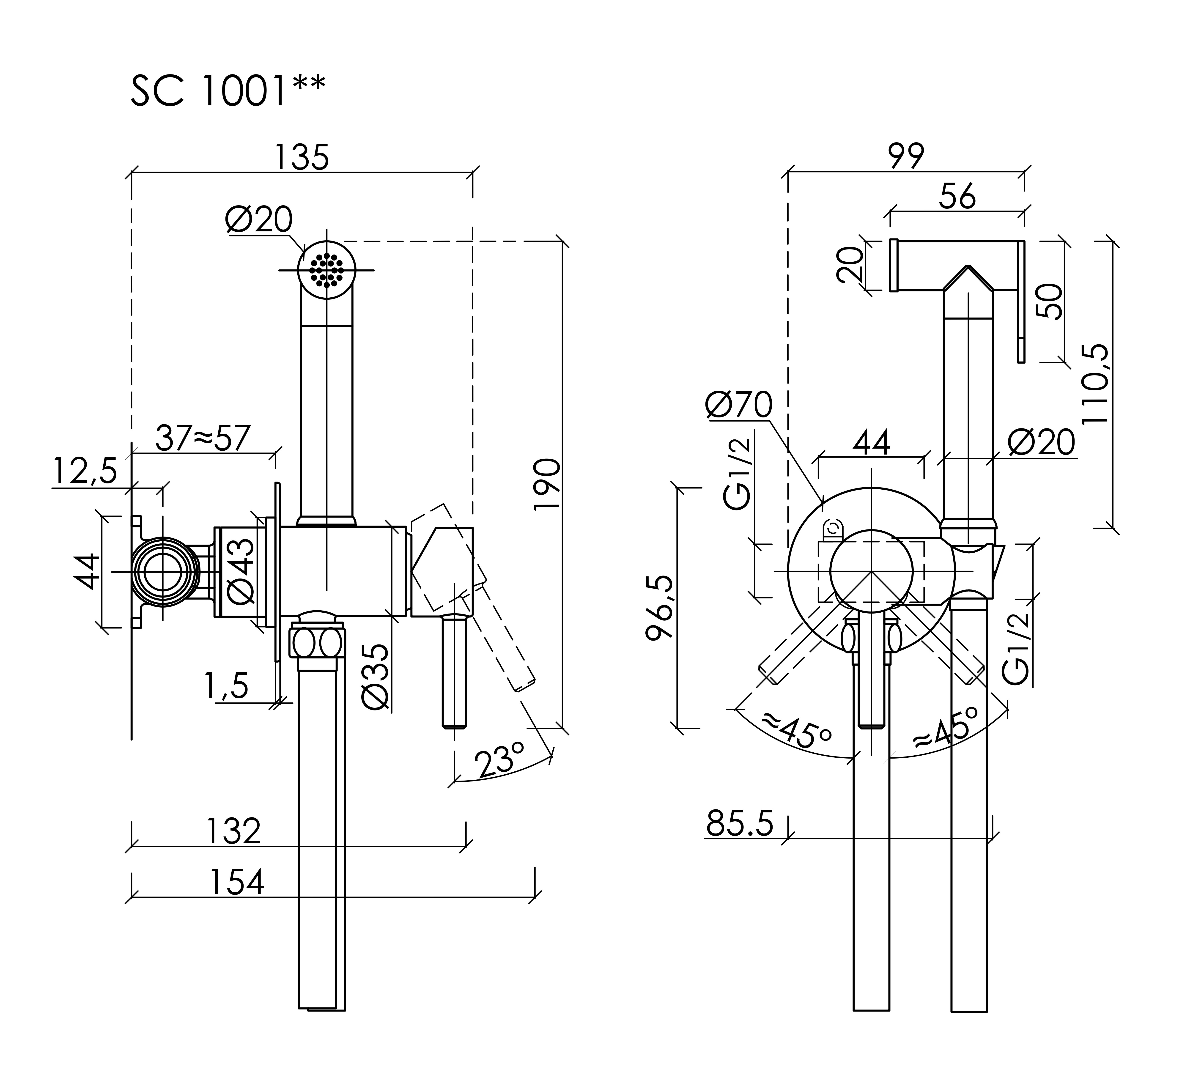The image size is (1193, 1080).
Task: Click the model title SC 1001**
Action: coord(228,90)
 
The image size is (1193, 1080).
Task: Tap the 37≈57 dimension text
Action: coord(203,439)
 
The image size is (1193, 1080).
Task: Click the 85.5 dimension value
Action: coord(740,824)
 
